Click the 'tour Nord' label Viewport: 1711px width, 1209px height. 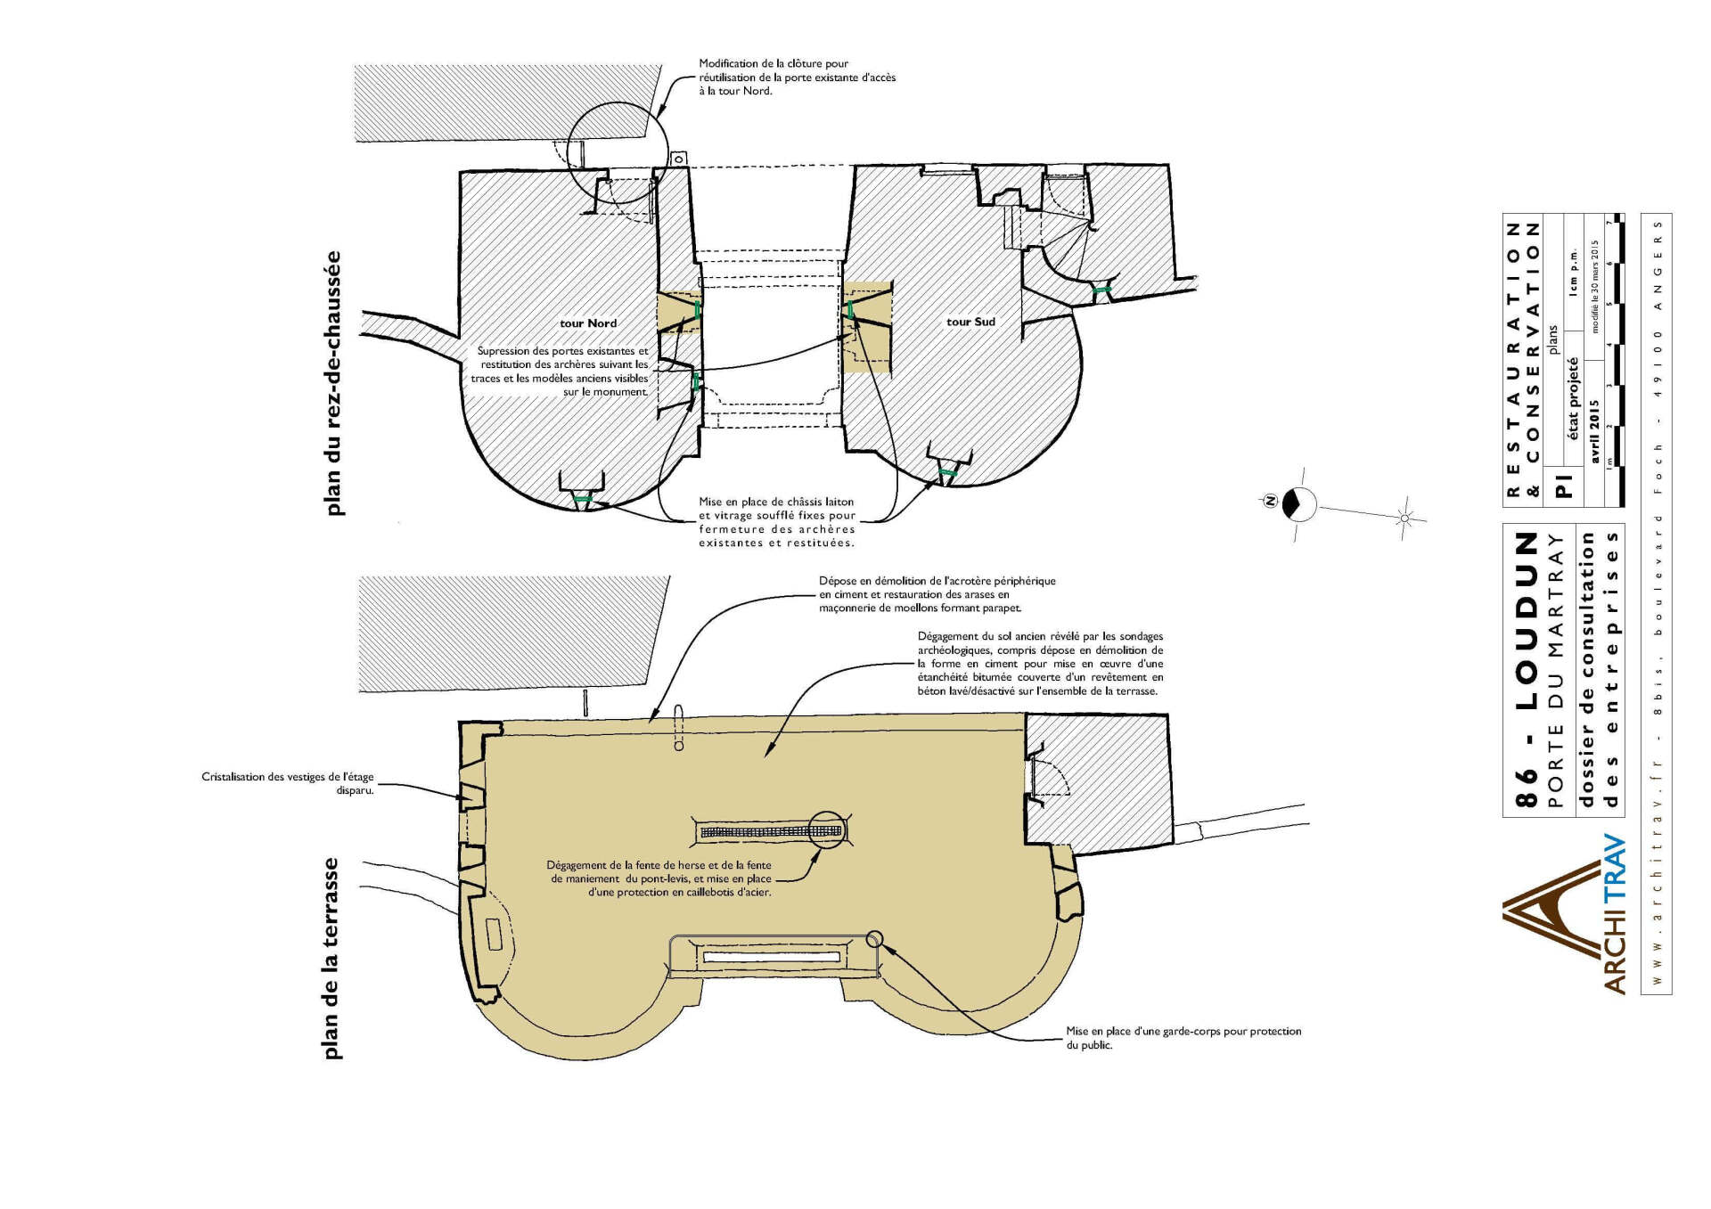pos(588,323)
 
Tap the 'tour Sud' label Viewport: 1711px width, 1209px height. pos(970,322)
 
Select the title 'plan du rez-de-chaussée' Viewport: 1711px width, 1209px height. pos(332,384)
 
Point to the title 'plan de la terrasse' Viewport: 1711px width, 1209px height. pos(332,959)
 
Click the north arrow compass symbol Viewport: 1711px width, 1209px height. pos(1298,503)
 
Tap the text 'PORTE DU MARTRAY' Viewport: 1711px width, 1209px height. pos(1556,671)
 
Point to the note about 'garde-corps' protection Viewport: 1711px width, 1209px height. pos(1183,1038)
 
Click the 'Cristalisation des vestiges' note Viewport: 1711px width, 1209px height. pos(287,783)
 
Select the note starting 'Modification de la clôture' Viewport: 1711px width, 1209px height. pos(797,78)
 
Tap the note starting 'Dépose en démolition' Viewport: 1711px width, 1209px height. pos(937,594)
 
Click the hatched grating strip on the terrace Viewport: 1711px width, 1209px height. pos(771,832)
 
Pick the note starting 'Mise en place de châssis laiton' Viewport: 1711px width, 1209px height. pos(776,522)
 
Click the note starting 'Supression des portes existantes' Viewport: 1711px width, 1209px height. pos(561,372)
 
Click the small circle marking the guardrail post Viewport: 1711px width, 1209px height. pos(874,938)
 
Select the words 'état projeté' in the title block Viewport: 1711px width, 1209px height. pos(1573,399)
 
